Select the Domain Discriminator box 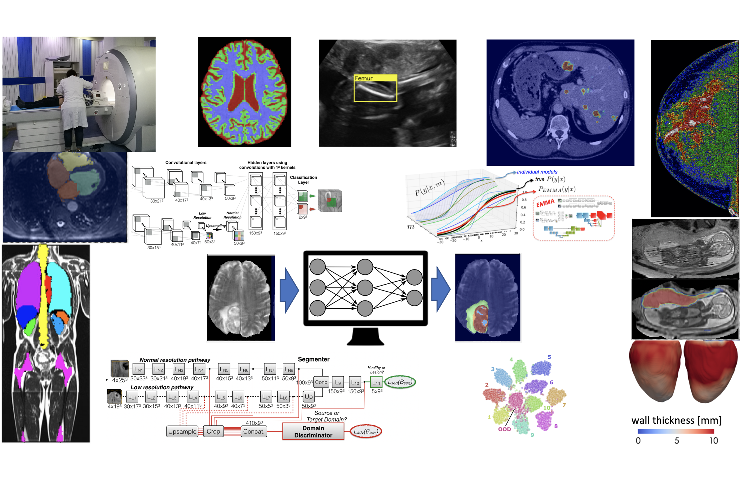(313, 431)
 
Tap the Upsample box (182, 431)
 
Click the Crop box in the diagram (213, 431)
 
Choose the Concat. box (254, 431)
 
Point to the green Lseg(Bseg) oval (400, 382)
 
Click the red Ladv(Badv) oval (365, 431)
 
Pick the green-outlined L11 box (376, 382)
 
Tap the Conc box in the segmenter (321, 382)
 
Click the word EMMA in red (545, 203)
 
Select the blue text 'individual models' (537, 172)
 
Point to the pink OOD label (504, 429)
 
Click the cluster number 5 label (549, 357)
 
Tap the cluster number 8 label (556, 426)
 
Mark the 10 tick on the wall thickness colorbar (713, 440)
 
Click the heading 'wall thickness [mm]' (676, 420)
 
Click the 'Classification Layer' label (303, 180)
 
